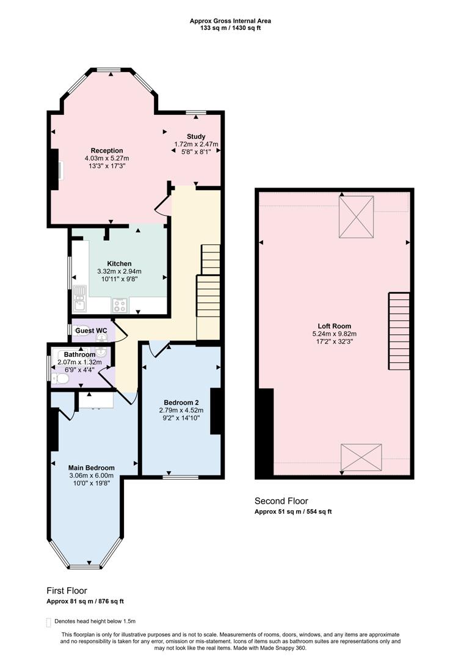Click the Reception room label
pos(107,150)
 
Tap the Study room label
pos(196,136)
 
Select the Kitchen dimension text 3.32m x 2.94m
pos(119,271)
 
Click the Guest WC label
pos(91,331)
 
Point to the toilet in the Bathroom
pos(62,379)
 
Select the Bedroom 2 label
pos(181,402)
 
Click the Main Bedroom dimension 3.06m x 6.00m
pos(92,476)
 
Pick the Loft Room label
pos(334,326)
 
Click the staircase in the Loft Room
pos(399,331)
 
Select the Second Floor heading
pos(281,501)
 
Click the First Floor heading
pos(67,590)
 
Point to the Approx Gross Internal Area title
pos(230,21)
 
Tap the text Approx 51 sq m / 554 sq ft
pos(293,512)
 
